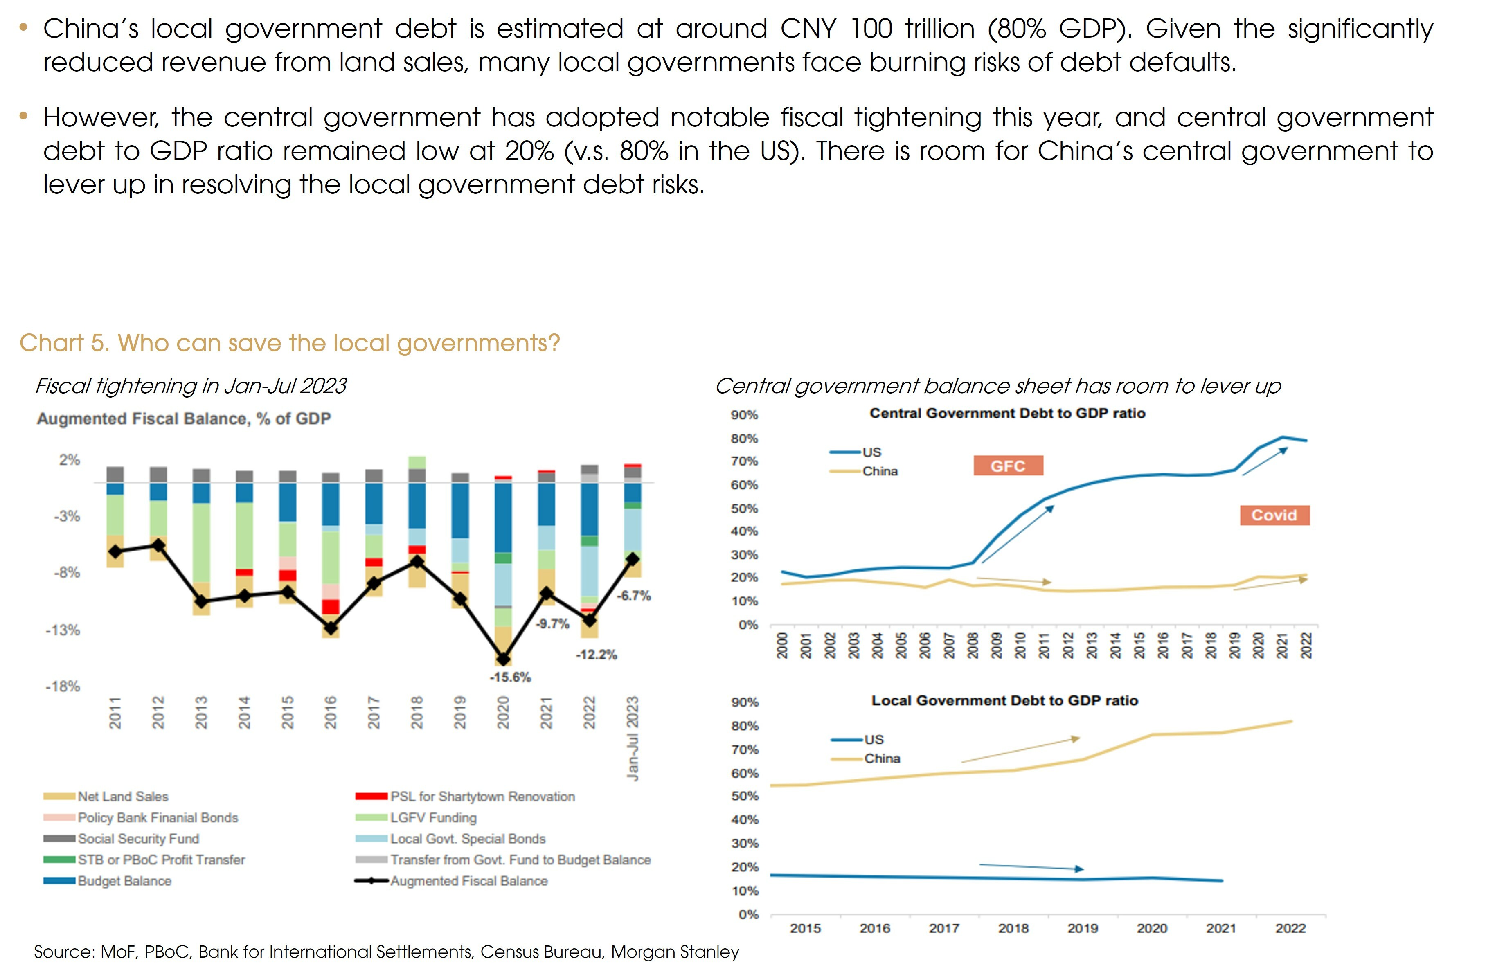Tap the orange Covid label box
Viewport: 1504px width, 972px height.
coord(1274,515)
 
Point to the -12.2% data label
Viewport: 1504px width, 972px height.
coord(596,655)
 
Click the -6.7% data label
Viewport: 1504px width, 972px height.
coord(634,595)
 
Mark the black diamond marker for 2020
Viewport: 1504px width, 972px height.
coord(503,659)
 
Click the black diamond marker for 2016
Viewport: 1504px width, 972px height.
coord(331,628)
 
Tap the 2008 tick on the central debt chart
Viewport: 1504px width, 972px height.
coord(973,645)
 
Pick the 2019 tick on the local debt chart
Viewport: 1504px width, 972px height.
coord(1083,929)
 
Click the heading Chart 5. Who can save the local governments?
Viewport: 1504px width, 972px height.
coord(290,343)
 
